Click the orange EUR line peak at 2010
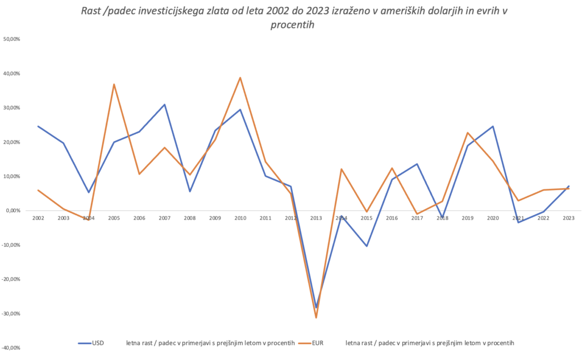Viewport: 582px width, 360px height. pyautogui.click(x=240, y=78)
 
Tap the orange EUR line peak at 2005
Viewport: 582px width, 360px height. pyautogui.click(x=114, y=84)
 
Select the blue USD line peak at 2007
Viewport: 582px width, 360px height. pyautogui.click(x=164, y=105)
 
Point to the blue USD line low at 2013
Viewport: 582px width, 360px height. pyautogui.click(x=316, y=307)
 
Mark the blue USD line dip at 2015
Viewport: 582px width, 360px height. pyautogui.click(x=367, y=246)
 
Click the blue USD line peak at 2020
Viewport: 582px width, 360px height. pyautogui.click(x=493, y=126)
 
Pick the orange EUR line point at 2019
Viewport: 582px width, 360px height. pyautogui.click(x=467, y=133)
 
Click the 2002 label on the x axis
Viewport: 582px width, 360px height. pyautogui.click(x=38, y=218)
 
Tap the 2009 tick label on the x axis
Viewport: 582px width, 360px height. pyautogui.click(x=215, y=218)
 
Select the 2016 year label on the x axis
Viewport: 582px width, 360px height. pyautogui.click(x=392, y=218)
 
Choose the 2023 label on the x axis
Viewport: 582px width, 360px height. pyautogui.click(x=568, y=218)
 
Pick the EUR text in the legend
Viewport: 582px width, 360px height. pyautogui.click(x=319, y=343)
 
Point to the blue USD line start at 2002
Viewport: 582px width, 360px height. pyautogui.click(x=38, y=126)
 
